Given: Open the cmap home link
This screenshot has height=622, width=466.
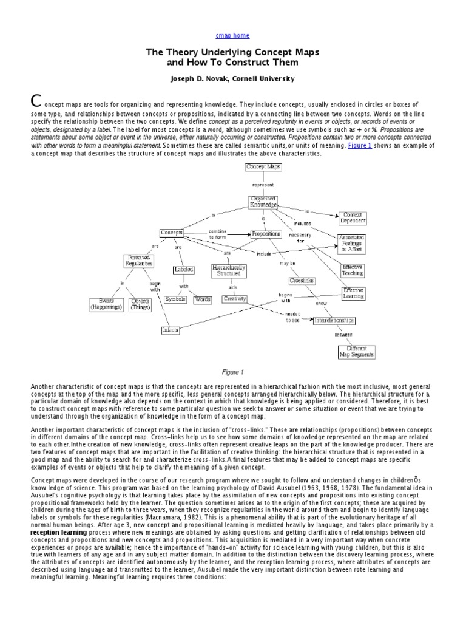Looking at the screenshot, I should click(x=232, y=36).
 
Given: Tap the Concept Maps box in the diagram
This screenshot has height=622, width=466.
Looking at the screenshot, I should click(x=263, y=166).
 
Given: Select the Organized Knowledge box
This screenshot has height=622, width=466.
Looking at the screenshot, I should click(x=263, y=202).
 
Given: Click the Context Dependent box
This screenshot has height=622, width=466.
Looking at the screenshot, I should click(x=353, y=219).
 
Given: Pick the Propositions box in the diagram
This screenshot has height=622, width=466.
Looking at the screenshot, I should click(x=265, y=233).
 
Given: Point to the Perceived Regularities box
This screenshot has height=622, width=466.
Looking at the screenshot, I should click(x=138, y=261).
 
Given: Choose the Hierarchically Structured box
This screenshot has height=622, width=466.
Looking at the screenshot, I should click(x=229, y=270).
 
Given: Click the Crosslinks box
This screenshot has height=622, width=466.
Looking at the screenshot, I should click(x=302, y=281).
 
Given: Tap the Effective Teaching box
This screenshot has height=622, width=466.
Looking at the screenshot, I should click(x=353, y=270).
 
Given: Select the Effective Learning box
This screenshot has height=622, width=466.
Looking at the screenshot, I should click(x=353, y=293).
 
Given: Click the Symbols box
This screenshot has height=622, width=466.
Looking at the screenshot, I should click(x=175, y=299).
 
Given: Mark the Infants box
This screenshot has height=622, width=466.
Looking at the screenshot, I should click(x=171, y=330).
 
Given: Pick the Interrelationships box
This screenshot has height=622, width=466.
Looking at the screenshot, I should click(x=334, y=320).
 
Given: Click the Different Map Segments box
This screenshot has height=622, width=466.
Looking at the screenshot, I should click(x=357, y=352).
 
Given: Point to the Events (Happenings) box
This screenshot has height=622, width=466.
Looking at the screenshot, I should click(x=106, y=304).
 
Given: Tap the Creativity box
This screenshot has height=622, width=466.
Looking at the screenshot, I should click(x=235, y=299).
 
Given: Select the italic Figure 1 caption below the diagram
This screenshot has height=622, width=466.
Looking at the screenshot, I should click(x=232, y=372).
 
